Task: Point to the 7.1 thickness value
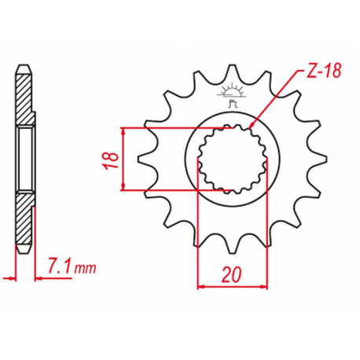tap(60, 267)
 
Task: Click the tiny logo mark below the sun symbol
tap(231, 100)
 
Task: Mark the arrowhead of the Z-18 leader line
tap(251, 127)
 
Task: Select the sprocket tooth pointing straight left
tap(142, 158)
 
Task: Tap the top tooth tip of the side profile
tap(25, 66)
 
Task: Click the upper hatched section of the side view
tap(25, 102)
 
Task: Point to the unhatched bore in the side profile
tap(25, 158)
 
